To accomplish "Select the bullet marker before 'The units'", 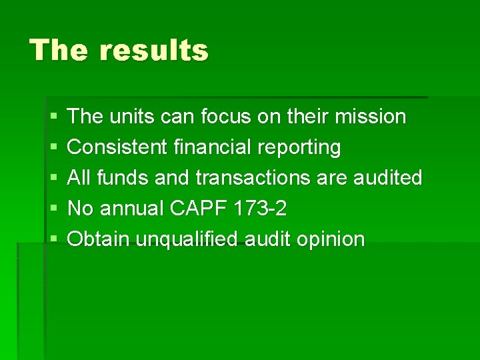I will click(53, 117).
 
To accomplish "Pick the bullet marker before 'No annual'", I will click(53, 209).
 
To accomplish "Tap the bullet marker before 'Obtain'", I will click(53, 240).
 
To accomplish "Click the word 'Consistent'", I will click(117, 147).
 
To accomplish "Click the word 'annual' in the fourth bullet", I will click(131, 209).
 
